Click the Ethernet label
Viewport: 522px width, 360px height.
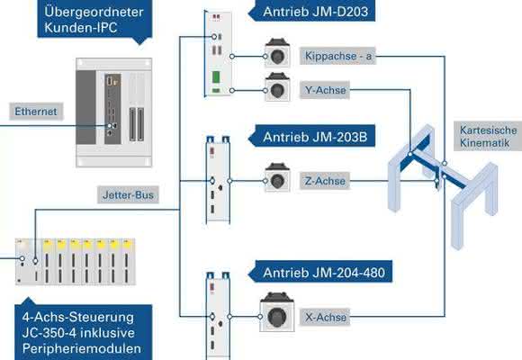(x=36, y=112)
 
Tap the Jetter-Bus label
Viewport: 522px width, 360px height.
(x=128, y=194)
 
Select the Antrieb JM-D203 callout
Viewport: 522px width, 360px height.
(x=312, y=11)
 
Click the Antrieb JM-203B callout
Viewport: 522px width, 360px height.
(x=312, y=136)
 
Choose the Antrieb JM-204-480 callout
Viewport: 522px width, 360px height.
(x=320, y=272)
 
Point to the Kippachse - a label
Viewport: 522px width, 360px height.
(x=337, y=56)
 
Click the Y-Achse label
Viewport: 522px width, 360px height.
(x=325, y=90)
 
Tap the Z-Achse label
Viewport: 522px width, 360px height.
(x=325, y=181)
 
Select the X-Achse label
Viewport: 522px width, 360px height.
(x=325, y=317)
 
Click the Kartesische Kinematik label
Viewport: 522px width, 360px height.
(x=488, y=137)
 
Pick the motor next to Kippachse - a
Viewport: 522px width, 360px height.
(x=277, y=53)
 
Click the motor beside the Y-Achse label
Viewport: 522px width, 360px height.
(x=277, y=87)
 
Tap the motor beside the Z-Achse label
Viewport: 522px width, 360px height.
(x=277, y=177)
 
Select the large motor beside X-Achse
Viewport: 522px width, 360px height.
(x=277, y=312)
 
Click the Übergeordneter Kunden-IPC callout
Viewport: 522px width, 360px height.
(x=94, y=20)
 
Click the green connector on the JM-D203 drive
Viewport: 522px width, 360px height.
(x=216, y=76)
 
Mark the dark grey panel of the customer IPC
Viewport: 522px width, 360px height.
(x=85, y=107)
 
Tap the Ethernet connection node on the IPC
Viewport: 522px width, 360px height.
(x=109, y=126)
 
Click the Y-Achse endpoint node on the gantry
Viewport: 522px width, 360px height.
(x=410, y=154)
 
